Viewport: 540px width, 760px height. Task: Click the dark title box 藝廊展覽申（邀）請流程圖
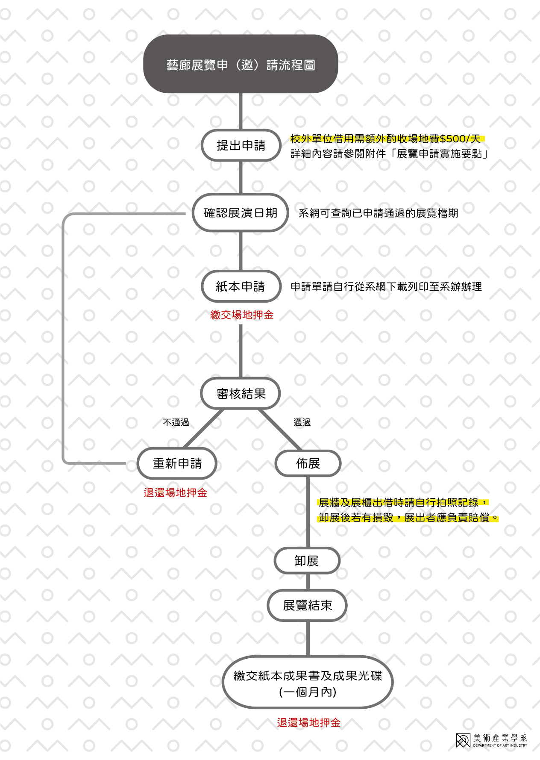(241, 64)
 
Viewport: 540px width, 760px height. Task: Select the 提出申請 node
(241, 145)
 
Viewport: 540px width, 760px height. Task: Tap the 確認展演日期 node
(241, 212)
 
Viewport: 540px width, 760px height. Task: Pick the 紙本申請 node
(241, 286)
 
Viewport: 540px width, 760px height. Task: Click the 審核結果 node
(241, 393)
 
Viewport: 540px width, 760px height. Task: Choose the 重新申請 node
(177, 463)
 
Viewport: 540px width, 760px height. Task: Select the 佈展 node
(308, 463)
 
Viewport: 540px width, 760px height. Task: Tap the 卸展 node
(307, 561)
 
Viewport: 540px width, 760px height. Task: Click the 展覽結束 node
(307, 605)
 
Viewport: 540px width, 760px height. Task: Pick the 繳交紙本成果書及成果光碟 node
(308, 682)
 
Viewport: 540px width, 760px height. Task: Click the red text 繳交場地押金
(242, 315)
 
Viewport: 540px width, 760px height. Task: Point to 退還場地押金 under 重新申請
(175, 492)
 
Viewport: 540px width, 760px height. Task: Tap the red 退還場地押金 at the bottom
(308, 722)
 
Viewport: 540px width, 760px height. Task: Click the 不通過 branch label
(176, 422)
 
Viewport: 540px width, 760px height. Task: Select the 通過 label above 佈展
(302, 422)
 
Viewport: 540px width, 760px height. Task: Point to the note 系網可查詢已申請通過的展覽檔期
(379, 213)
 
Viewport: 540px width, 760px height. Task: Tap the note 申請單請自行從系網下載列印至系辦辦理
(386, 286)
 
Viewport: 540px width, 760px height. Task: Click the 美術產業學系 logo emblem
(463, 740)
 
